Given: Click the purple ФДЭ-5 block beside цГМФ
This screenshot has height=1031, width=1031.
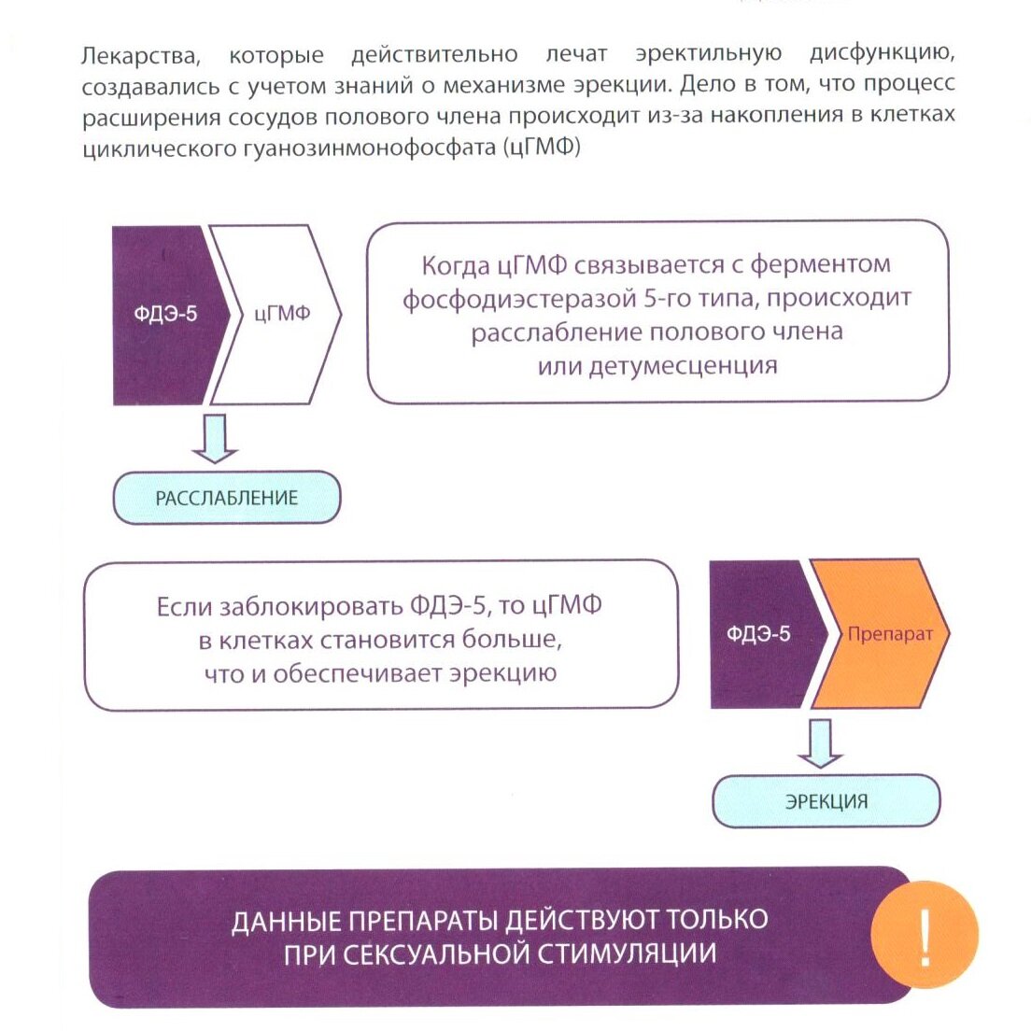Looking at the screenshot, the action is (x=164, y=314).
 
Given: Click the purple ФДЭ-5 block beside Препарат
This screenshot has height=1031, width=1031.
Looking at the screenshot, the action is (x=757, y=634).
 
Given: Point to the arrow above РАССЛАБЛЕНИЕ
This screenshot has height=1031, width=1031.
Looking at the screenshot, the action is (x=215, y=439).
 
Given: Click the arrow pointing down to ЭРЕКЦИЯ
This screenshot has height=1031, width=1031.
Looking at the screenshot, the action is (x=821, y=743).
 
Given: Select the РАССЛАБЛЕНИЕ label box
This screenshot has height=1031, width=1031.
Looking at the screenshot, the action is (x=226, y=498).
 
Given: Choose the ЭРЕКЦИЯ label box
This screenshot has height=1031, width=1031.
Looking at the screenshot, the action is (x=826, y=801).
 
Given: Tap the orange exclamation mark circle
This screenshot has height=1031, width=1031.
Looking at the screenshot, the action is (x=924, y=936).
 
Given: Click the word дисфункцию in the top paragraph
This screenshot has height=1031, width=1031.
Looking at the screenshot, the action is (x=882, y=54).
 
